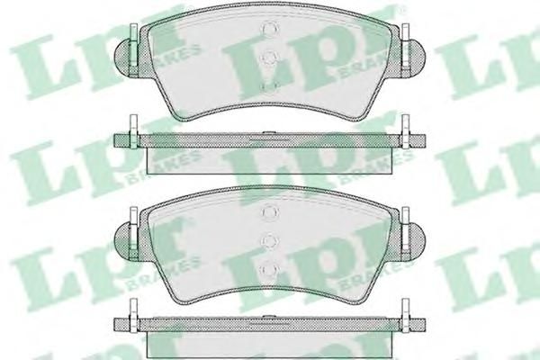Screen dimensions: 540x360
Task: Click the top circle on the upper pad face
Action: click(270, 28)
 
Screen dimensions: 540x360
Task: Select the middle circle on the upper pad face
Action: click(270, 58)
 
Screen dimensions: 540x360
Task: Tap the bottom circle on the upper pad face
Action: click(270, 85)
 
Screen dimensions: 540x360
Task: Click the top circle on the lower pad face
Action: click(270, 212)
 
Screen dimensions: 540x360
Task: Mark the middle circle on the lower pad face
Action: click(270, 241)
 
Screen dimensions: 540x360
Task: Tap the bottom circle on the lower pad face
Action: click(270, 269)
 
